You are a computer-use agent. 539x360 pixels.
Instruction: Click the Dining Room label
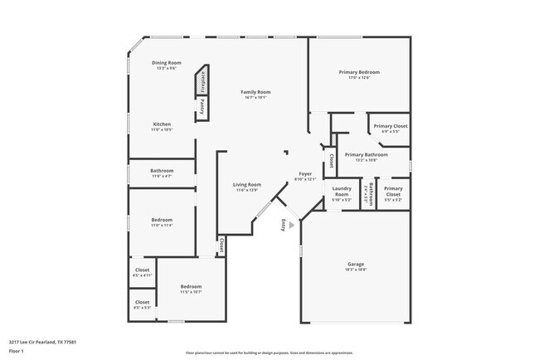tap(166, 63)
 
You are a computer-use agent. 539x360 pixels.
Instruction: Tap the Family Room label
tap(255, 92)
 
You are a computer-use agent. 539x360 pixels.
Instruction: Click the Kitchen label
tap(162, 124)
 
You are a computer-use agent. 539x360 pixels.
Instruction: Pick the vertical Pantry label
tap(203, 107)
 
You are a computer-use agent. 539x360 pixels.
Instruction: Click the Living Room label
tap(246, 184)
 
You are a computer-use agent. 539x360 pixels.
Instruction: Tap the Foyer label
tap(305, 174)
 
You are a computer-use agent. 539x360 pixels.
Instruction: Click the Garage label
tap(355, 264)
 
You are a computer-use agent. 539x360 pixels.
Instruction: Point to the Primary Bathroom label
tap(366, 155)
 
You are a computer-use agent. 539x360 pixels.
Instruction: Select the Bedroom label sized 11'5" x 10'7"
tap(192, 287)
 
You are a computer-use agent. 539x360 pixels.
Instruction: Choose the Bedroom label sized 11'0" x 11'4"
tap(162, 220)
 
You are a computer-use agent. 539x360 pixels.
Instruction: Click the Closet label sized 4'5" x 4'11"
tap(142, 270)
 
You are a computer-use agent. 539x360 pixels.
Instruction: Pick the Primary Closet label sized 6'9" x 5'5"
tap(390, 126)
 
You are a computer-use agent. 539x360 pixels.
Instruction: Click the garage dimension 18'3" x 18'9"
tap(355, 270)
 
